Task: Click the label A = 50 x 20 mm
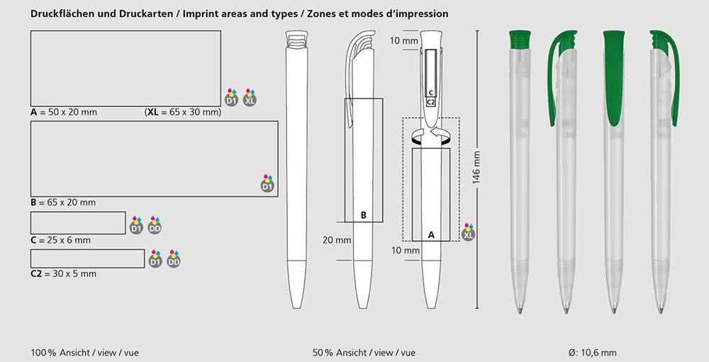tap(64, 113)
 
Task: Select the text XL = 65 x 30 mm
tap(183, 113)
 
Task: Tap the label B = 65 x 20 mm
tap(63, 203)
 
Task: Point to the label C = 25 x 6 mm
tap(60, 240)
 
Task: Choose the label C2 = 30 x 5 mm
tap(63, 274)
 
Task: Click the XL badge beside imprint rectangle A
tap(250, 98)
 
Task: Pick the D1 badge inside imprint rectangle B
tap(267, 183)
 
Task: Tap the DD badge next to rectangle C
tap(155, 225)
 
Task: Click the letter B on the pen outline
tap(364, 216)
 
